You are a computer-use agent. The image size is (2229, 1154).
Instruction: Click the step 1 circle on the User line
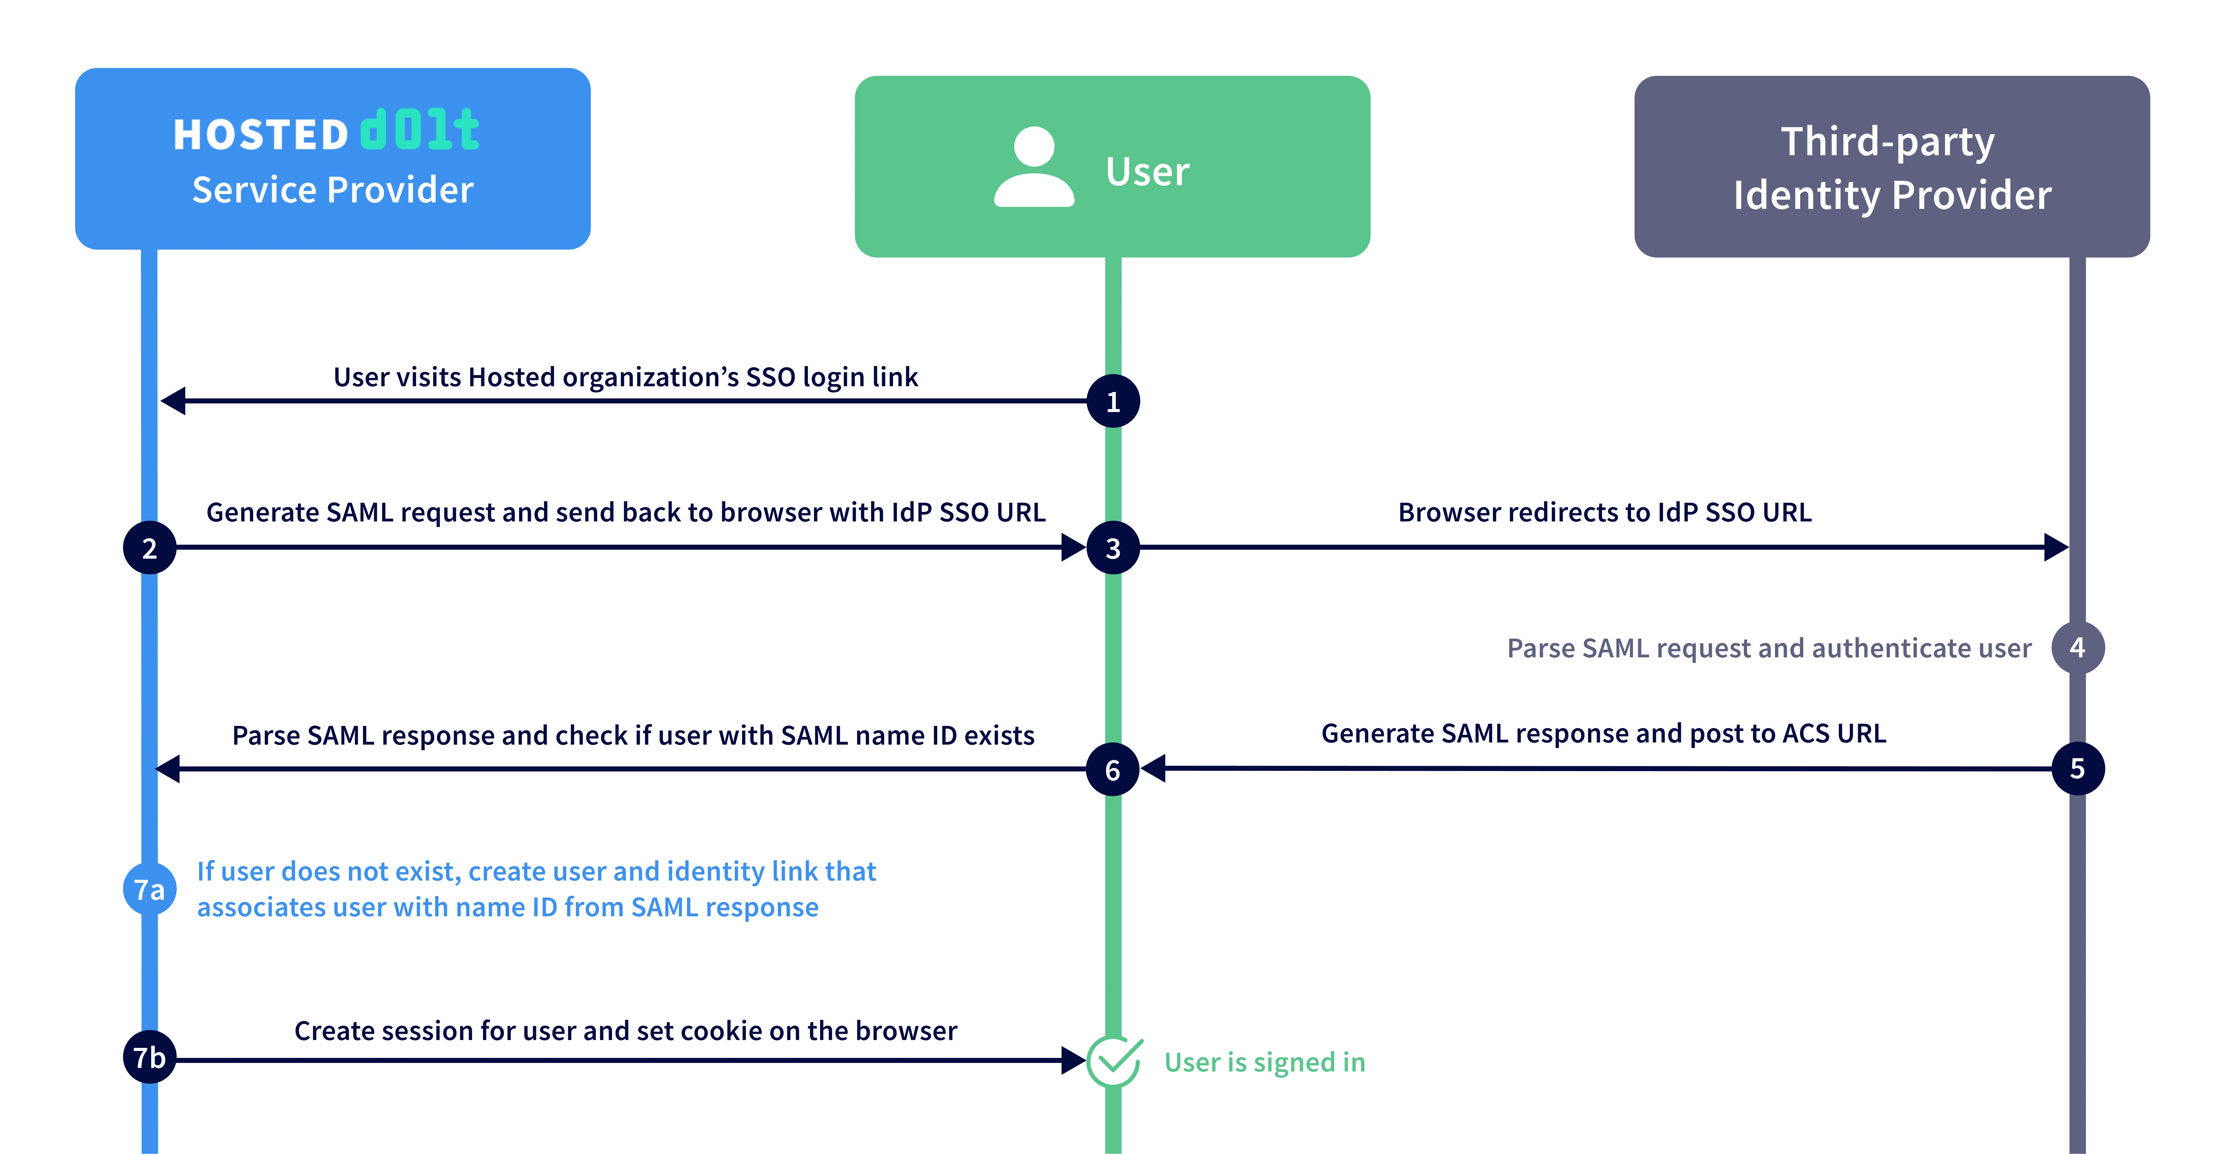pos(1113,401)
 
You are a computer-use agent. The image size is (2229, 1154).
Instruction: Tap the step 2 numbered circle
pos(150,548)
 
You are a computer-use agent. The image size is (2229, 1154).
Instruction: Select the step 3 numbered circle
pos(1113,548)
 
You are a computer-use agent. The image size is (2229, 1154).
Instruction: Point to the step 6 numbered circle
pos(1113,769)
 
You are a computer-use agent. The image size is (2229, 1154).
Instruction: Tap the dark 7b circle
pos(150,1057)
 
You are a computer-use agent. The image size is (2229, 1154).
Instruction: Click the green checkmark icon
pos(1114,1061)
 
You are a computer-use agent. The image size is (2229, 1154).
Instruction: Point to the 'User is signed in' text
pos(1264,1062)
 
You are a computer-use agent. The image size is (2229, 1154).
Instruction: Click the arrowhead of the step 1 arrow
pos(173,401)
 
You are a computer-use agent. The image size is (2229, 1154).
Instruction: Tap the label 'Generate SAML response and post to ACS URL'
pos(1603,734)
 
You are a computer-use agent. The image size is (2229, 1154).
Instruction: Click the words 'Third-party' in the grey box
pos(1887,141)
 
